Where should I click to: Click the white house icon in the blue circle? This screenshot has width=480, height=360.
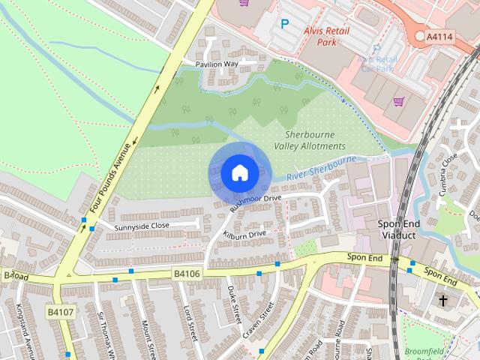click(239, 172)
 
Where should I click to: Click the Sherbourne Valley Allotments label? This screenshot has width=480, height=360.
click(310, 139)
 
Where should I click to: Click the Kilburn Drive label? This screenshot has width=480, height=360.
click(246, 234)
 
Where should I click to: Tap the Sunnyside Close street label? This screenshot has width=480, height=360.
click(142, 225)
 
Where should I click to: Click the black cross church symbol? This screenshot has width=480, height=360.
click(442, 301)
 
